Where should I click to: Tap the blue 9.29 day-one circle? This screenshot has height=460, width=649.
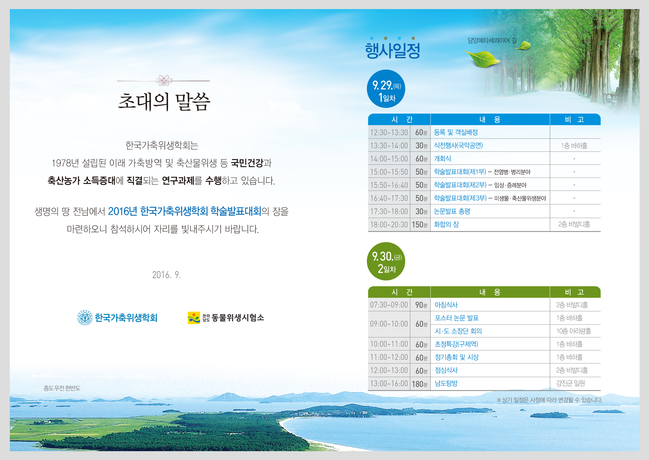click(x=386, y=89)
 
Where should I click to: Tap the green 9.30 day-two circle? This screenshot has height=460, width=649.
click(x=386, y=261)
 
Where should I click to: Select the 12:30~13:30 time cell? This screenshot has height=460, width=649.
click(x=389, y=132)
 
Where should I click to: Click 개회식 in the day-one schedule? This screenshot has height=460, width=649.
click(x=442, y=158)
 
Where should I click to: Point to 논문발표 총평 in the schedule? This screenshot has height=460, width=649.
click(x=452, y=211)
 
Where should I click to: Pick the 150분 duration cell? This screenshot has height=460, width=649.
click(x=420, y=225)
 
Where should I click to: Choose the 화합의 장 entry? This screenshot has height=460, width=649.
click(x=446, y=224)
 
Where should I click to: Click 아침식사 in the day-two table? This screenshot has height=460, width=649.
click(x=446, y=305)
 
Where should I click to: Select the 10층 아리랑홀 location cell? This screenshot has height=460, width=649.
click(x=574, y=331)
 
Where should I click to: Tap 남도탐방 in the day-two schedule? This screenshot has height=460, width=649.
click(x=446, y=383)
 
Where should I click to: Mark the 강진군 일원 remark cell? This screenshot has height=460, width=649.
click(x=570, y=383)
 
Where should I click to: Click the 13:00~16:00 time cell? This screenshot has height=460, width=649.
click(x=389, y=384)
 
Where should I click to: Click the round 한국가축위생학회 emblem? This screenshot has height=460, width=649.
click(x=85, y=317)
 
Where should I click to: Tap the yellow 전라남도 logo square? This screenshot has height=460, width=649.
click(x=194, y=318)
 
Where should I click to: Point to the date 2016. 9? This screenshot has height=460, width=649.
click(x=166, y=275)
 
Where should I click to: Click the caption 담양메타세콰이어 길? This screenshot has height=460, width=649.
click(x=492, y=41)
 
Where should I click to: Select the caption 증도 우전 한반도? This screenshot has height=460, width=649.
click(x=62, y=388)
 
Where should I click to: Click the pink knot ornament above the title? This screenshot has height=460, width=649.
click(x=164, y=81)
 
